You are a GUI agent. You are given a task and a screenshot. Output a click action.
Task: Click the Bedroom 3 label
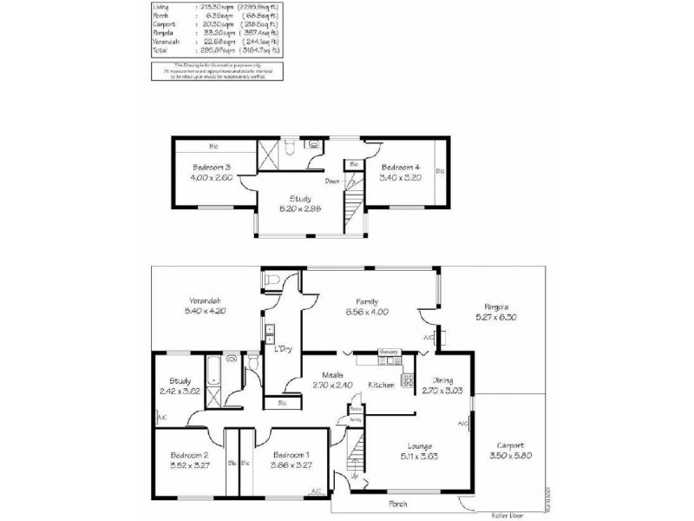212,166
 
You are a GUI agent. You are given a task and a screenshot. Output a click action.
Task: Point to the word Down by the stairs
332,181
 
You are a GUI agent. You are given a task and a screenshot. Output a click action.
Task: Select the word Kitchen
382,384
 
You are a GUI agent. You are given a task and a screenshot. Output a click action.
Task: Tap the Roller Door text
497,512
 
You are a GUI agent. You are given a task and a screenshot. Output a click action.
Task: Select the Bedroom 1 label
291,455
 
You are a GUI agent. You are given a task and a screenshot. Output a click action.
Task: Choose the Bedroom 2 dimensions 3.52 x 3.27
190,465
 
